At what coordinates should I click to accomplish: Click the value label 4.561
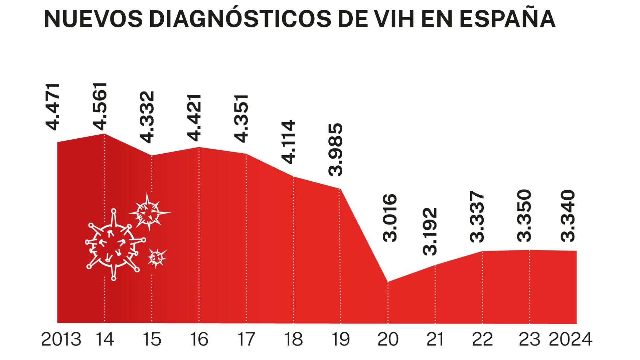point(100,106)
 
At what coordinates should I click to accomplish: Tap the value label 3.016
point(390,218)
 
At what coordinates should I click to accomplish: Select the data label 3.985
point(336,150)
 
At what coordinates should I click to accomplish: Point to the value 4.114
point(289,142)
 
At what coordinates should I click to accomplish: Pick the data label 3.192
point(430,231)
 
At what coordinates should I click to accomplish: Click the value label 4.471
point(53,106)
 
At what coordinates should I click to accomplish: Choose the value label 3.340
point(568,216)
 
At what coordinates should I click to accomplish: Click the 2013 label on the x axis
point(61,339)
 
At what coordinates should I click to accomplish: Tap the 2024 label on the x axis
point(570,339)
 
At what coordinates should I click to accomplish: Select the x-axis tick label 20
point(388,339)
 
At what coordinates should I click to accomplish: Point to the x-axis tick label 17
point(246,339)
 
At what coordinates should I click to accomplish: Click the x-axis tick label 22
point(482,339)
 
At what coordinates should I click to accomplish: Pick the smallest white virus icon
point(156,258)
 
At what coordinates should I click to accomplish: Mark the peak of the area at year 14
point(104,134)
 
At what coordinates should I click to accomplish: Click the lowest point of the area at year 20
point(388,282)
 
